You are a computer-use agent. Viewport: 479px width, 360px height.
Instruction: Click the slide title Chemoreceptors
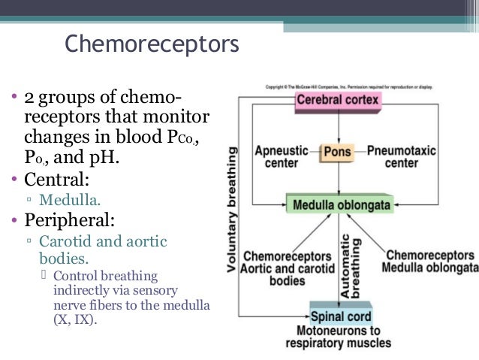click(152, 44)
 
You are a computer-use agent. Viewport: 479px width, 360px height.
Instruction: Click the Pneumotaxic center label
click(402, 156)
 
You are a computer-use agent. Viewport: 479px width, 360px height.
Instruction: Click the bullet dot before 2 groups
click(14, 99)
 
